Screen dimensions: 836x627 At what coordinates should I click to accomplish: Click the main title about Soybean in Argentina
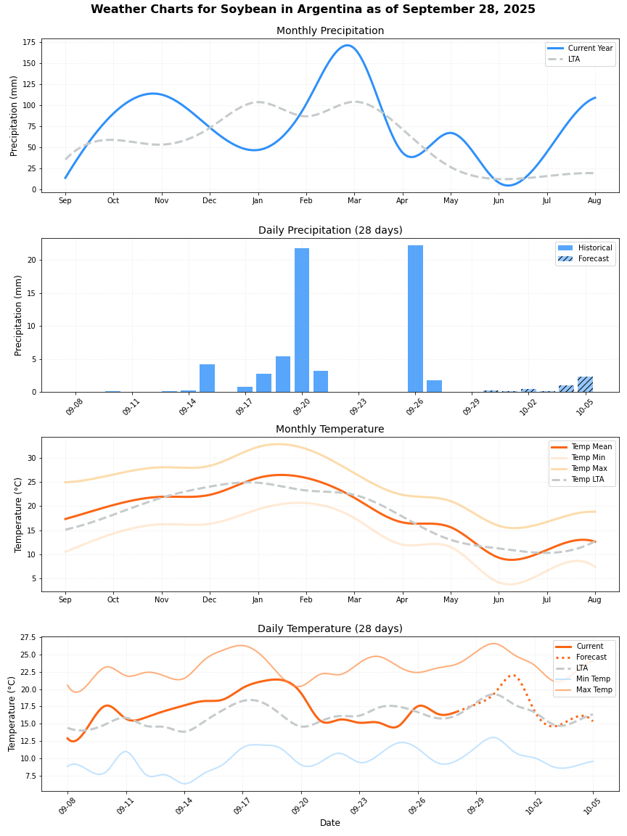click(313, 9)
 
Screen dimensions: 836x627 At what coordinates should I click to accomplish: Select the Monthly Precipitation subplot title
click(330, 30)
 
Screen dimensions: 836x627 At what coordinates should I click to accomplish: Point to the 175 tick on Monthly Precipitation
click(29, 43)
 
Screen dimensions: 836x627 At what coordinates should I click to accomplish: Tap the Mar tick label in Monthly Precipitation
click(354, 200)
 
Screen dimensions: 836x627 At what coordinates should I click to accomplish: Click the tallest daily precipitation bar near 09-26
click(415, 319)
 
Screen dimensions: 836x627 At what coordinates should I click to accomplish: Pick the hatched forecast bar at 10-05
click(585, 385)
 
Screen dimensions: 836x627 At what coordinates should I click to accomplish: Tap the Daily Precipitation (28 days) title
click(330, 230)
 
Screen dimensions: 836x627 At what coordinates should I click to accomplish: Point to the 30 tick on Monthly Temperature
click(31, 458)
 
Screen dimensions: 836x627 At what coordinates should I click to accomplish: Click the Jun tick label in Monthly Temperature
click(499, 600)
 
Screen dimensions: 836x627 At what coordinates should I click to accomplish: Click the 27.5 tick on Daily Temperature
click(28, 637)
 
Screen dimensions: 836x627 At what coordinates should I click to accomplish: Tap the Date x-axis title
click(330, 823)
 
